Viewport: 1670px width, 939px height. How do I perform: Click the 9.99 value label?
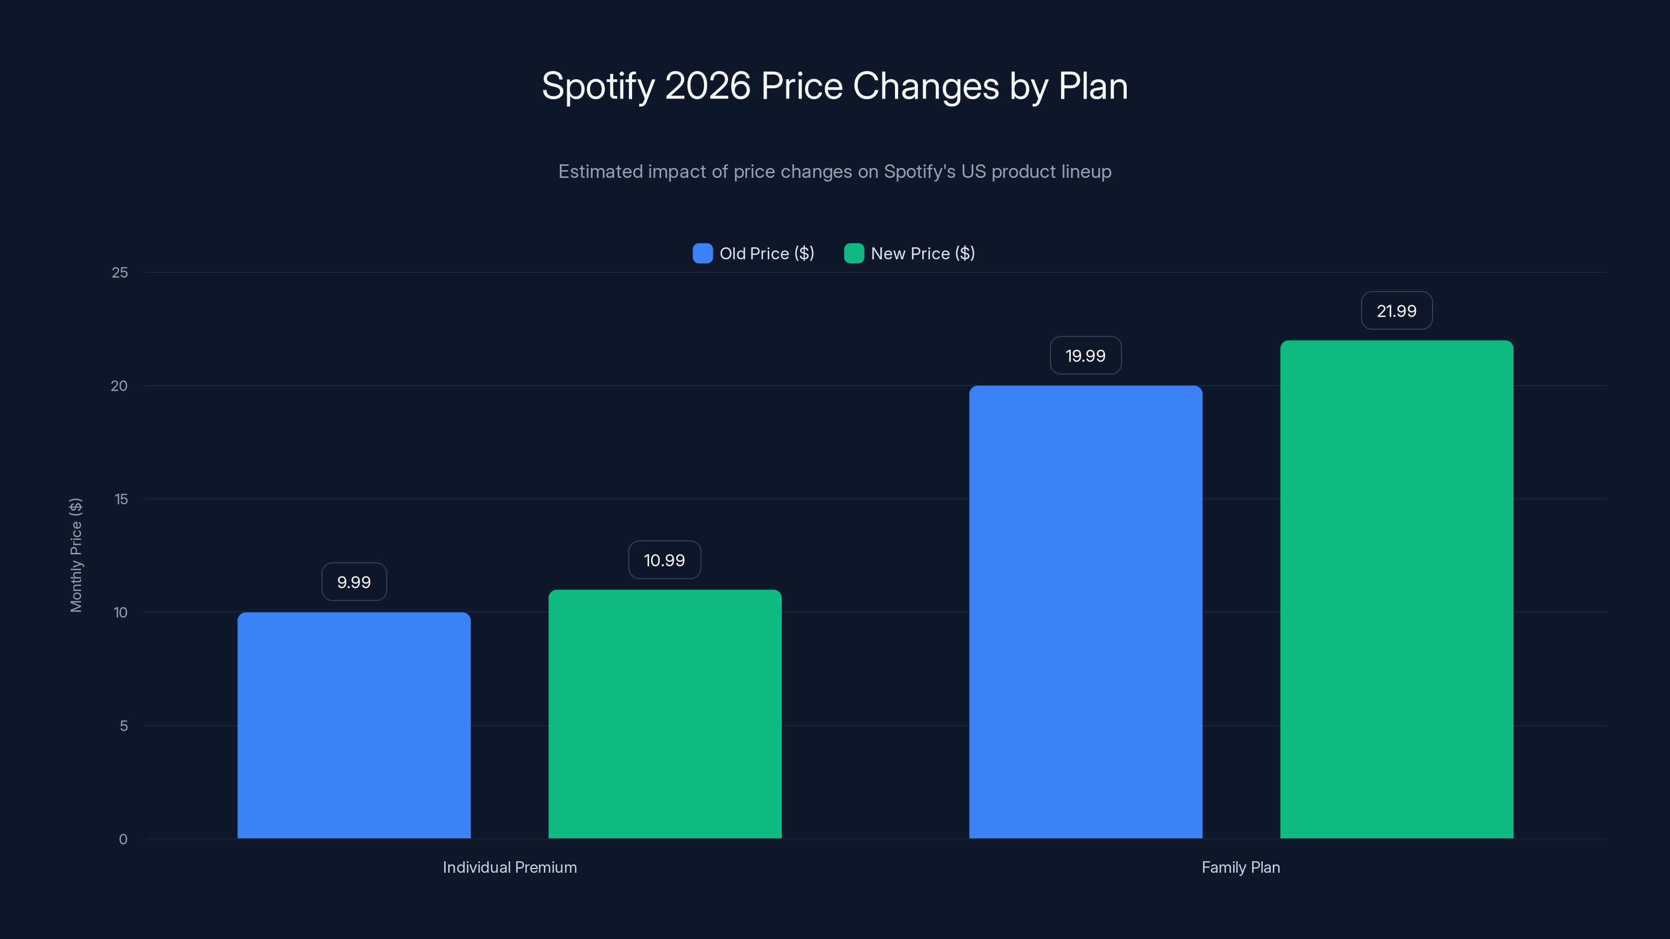click(354, 582)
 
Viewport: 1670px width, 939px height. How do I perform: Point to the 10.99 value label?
click(664, 560)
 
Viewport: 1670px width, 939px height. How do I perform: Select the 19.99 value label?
click(1085, 355)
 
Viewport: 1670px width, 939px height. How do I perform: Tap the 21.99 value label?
click(1397, 310)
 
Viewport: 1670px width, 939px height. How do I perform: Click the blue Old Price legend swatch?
click(702, 254)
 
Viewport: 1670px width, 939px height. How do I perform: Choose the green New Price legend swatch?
click(854, 254)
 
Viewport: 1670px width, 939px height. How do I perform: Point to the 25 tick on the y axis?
click(120, 273)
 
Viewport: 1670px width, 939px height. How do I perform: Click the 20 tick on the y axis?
click(120, 386)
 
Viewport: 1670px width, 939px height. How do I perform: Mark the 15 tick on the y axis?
click(121, 499)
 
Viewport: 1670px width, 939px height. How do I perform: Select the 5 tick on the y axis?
click(123, 726)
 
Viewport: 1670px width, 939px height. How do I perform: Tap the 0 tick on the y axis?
click(123, 839)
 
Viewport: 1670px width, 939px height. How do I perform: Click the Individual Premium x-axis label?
click(509, 867)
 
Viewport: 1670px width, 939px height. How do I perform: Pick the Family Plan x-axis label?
click(1240, 867)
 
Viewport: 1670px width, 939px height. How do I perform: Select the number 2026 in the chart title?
click(707, 86)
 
